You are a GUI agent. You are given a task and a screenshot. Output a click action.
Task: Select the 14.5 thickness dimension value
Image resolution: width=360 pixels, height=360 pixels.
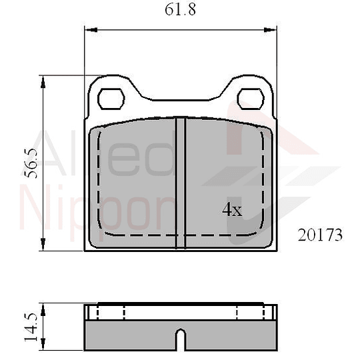tap(29, 326)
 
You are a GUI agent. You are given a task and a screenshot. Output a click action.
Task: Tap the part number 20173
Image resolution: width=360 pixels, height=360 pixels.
tap(320, 235)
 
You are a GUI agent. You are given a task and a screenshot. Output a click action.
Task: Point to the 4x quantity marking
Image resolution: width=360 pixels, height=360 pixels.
tap(231, 210)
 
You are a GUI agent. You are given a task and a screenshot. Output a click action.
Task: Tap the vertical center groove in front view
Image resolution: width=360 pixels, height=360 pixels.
tap(180, 183)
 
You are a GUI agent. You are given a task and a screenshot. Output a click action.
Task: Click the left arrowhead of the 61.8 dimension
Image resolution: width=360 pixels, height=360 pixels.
tap(89, 29)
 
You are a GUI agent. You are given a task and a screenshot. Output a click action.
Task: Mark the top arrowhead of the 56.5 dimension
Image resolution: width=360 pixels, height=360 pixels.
tap(44, 81)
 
